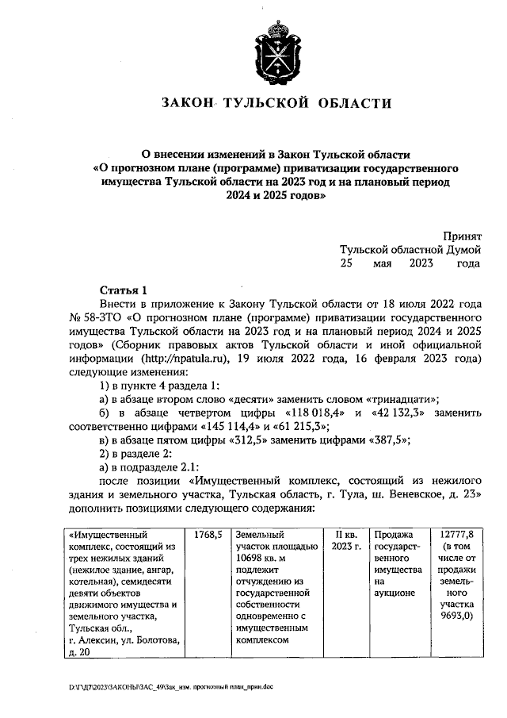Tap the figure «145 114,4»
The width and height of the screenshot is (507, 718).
click(183, 426)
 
